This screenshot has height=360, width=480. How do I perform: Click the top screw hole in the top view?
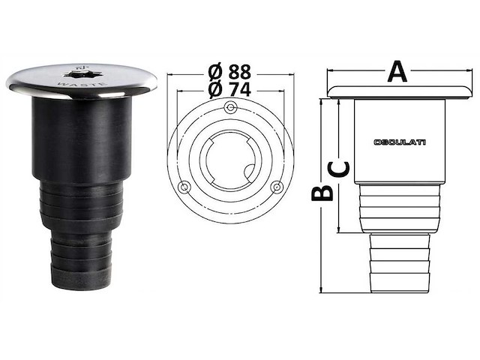click(x=229, y=109)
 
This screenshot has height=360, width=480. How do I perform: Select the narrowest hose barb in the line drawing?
click(x=399, y=262)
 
